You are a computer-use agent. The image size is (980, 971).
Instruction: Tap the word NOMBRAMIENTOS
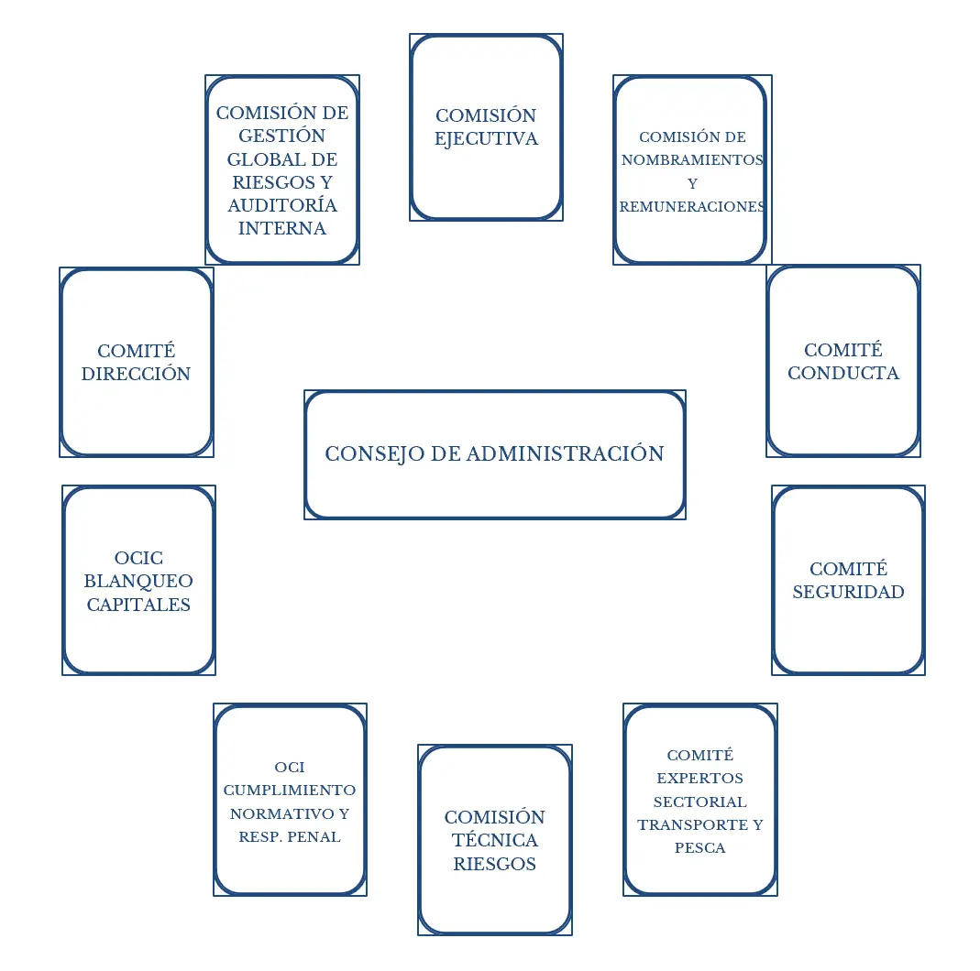692,159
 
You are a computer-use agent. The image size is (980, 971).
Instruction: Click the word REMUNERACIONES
692,207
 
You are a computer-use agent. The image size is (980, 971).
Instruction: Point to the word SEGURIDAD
848,592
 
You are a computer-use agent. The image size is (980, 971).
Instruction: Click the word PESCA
700,848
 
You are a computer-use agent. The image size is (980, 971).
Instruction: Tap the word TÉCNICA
495,840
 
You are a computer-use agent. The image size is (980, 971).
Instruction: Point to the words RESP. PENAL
290,836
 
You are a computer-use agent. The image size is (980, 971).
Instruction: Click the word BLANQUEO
138,581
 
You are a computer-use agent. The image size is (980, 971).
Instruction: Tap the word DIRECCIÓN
137,374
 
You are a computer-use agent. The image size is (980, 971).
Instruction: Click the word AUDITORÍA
282,205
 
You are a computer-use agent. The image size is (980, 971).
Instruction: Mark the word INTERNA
282,228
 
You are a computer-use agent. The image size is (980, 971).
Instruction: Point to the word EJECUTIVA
486,139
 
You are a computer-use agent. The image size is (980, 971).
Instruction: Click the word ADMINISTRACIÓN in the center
565,453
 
